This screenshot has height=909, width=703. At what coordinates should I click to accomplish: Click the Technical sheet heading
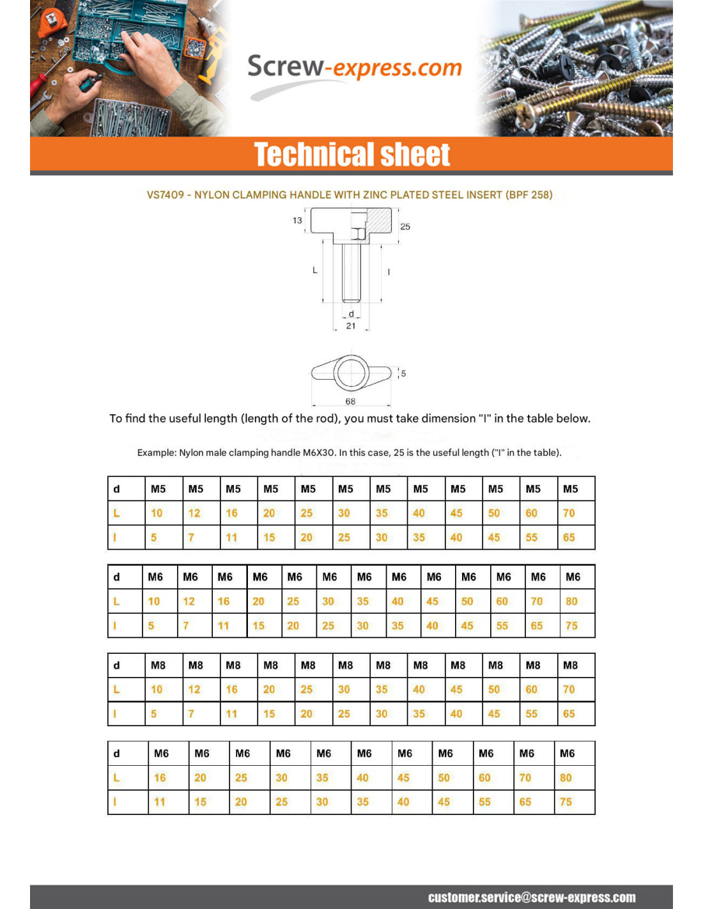pyautogui.click(x=351, y=155)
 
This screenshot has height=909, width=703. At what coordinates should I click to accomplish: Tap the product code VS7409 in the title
pyautogui.click(x=165, y=195)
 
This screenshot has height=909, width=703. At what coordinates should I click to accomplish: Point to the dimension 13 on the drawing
pyautogui.click(x=297, y=221)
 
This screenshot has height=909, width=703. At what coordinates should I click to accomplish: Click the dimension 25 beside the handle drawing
pyautogui.click(x=405, y=226)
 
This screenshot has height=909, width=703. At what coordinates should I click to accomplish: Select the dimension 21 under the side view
pyautogui.click(x=351, y=325)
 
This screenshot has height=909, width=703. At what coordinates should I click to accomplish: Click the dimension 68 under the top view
pyautogui.click(x=350, y=401)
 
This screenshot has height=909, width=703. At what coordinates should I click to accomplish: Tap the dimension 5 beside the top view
pyautogui.click(x=403, y=373)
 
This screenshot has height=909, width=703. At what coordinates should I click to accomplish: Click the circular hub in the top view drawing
pyautogui.click(x=350, y=372)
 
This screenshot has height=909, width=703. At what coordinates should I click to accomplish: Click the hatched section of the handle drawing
pyautogui.click(x=378, y=221)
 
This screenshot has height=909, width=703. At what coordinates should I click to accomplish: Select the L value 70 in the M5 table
pyautogui.click(x=569, y=513)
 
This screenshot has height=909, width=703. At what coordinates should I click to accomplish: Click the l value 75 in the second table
pyautogui.click(x=571, y=626)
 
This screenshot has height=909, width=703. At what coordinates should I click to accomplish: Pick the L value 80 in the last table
pyautogui.click(x=566, y=778)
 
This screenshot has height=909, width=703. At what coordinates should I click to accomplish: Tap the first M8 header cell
pyautogui.click(x=158, y=665)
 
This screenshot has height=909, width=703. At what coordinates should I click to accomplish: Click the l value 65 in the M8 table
pyautogui.click(x=569, y=714)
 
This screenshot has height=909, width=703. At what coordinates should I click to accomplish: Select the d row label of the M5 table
pyautogui.click(x=116, y=489)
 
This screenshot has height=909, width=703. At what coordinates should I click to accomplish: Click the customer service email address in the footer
pyautogui.click(x=532, y=897)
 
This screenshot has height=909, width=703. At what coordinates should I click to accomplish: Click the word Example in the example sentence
pyautogui.click(x=156, y=453)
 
